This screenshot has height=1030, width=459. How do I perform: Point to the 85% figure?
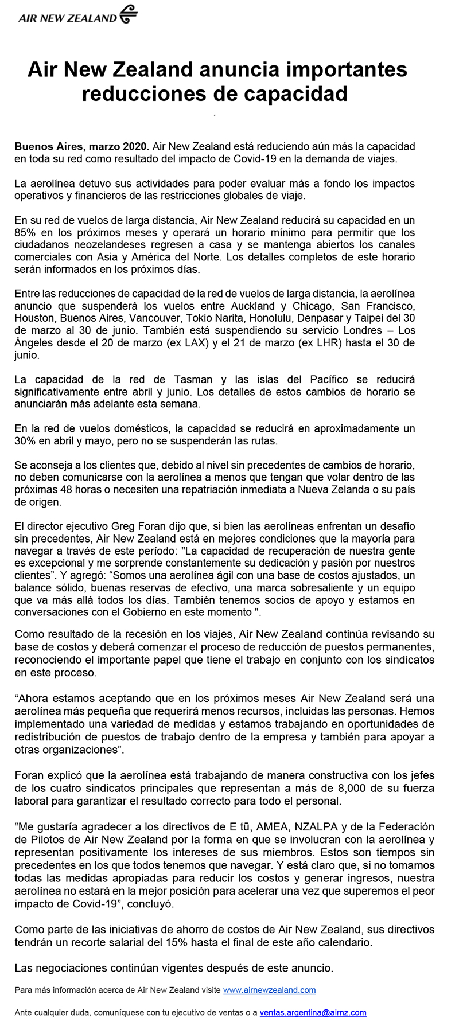pos(25,233)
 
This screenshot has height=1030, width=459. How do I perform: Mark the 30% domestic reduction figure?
pos(25,441)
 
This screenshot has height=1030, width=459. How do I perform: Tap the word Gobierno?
pos(141,612)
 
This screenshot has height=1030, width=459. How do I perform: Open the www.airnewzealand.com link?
pos(269,990)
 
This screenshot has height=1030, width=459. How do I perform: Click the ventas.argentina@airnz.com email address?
pos(313,1013)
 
